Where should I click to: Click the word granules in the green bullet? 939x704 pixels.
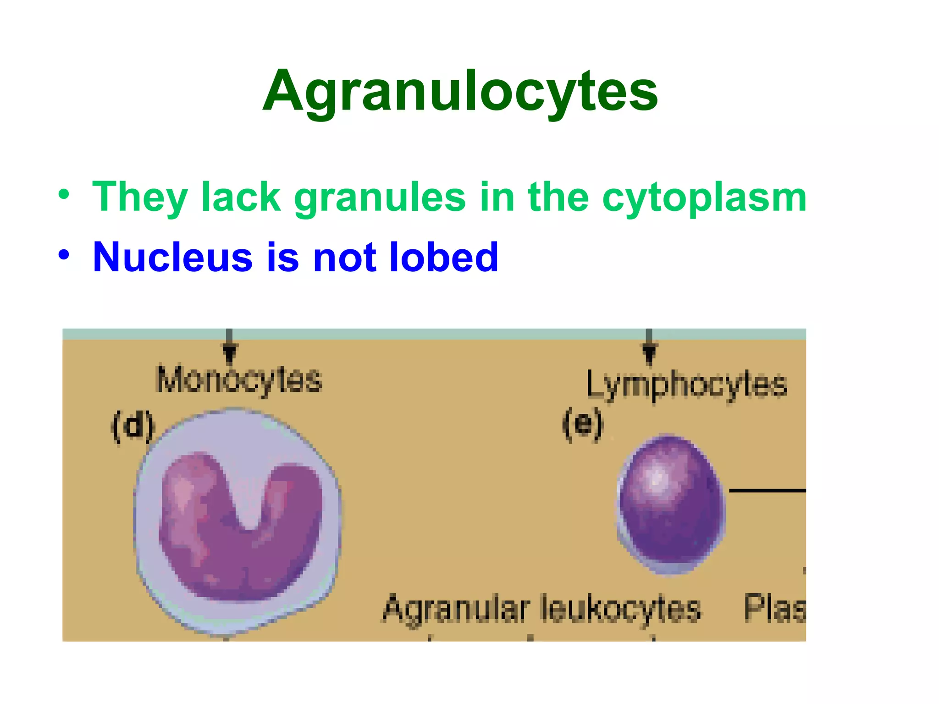click(380, 198)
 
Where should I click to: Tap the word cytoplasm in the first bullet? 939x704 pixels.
click(704, 198)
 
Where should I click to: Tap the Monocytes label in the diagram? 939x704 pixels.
click(239, 380)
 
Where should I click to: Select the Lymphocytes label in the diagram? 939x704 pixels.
click(686, 384)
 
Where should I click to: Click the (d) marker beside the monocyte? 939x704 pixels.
click(133, 426)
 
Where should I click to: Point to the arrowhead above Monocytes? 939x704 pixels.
click(229, 352)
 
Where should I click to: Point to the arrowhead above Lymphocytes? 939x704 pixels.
click(649, 353)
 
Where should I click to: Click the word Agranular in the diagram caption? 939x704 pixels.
click(456, 609)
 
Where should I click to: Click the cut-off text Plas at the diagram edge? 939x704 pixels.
click(774, 608)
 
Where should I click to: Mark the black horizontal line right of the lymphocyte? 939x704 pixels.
click(767, 490)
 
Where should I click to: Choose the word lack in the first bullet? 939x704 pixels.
click(241, 198)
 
